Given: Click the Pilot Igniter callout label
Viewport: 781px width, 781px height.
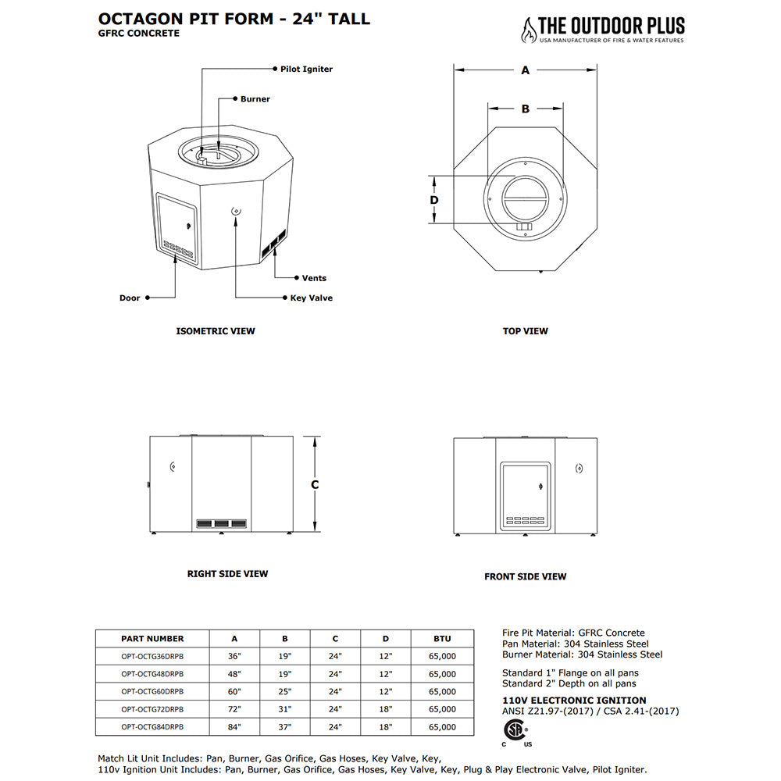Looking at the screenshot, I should point(306,70).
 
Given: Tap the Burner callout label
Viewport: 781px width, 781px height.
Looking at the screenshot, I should point(255,99).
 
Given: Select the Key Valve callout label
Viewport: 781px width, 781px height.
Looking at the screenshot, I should point(311,298).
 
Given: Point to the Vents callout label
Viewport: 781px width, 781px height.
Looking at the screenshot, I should point(314,278).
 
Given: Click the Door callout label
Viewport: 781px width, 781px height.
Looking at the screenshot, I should point(130,298).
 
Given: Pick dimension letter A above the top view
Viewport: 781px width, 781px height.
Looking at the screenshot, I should point(526,70).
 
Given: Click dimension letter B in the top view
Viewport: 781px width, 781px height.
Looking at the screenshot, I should point(526,109).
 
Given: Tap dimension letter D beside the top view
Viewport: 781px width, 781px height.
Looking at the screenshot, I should point(435,200).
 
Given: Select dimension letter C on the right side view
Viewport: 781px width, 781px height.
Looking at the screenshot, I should point(315,485).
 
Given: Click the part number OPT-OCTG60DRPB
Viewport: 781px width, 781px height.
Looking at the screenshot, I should point(153,692).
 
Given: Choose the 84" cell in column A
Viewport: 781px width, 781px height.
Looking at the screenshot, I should point(235,727).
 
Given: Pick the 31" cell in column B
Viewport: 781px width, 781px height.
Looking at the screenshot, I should point(285,709).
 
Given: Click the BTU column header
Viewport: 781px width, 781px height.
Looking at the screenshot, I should point(442,639).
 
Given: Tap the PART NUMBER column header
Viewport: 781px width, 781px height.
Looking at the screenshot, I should point(153,639).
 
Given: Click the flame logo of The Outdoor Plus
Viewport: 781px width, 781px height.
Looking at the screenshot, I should point(530,30).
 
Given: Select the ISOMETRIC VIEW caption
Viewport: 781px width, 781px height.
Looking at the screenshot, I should point(216,331).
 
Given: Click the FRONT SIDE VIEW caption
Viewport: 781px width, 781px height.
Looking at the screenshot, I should point(526,576).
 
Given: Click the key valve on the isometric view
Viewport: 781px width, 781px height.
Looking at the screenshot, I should point(236,211).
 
